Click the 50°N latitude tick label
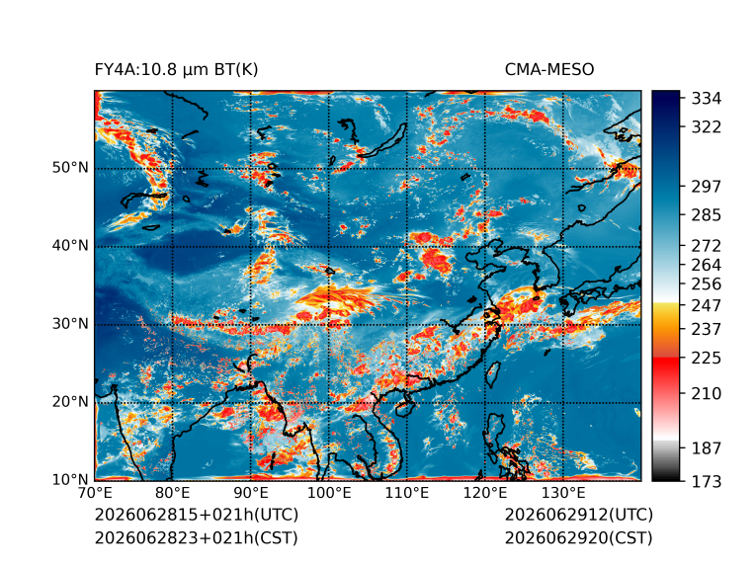click(70, 168)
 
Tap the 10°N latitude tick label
click(70, 480)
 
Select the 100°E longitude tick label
click(329, 493)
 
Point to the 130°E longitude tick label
click(563, 493)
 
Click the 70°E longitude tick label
click(95, 493)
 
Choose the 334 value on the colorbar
click(707, 99)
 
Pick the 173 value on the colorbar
click(707, 481)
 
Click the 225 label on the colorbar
click(707, 359)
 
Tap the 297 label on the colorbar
click(707, 187)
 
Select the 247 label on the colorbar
click(707, 305)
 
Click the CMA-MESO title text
click(549, 70)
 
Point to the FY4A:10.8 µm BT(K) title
click(176, 70)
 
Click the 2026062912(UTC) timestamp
click(579, 515)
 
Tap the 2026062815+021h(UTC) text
click(197, 515)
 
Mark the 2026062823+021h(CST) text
click(197, 538)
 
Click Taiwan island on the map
click(492, 374)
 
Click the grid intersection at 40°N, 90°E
click(251, 247)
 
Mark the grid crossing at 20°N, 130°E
click(563, 403)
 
